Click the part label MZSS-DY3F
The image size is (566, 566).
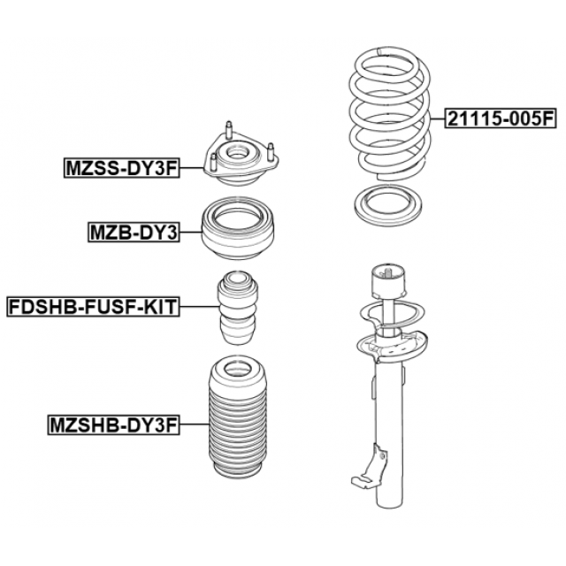(x=122, y=168)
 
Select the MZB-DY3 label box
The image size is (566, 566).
(x=134, y=233)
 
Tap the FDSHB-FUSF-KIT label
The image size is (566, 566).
(x=93, y=307)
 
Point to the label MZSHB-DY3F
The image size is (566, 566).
(x=114, y=424)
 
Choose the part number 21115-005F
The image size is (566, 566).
(x=501, y=119)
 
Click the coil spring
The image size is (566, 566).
(x=390, y=114)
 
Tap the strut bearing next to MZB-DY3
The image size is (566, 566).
(x=237, y=228)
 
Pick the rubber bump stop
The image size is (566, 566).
(x=238, y=308)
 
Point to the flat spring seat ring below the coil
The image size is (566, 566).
(x=389, y=203)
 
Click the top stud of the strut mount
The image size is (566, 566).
(x=228, y=130)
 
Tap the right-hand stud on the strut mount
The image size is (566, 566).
(x=271, y=151)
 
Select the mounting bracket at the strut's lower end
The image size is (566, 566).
(x=369, y=467)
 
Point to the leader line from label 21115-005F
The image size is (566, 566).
(x=438, y=119)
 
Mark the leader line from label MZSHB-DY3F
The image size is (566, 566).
(x=195, y=424)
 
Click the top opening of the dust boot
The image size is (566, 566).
(x=237, y=370)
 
